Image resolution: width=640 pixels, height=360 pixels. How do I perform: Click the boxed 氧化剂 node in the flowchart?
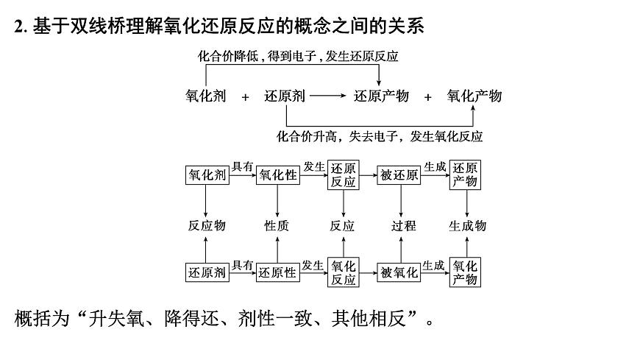(x=206, y=175)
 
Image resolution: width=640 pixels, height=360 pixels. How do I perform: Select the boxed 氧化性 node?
(x=277, y=175)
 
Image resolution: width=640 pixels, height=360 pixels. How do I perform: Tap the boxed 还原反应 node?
(x=343, y=174)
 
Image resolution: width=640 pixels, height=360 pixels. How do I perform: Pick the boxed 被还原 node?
(x=399, y=175)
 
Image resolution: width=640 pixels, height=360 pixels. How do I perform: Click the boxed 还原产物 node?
(x=465, y=174)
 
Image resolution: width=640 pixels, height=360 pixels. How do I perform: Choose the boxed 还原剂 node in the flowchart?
(x=206, y=272)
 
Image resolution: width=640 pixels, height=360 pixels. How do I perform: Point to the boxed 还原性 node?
(x=277, y=272)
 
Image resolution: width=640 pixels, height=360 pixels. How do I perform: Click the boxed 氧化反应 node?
(x=343, y=272)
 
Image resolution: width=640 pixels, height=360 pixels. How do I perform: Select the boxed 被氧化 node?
(x=399, y=272)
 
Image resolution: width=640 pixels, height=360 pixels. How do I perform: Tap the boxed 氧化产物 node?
(x=465, y=272)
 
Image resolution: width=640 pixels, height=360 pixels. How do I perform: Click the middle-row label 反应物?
(x=206, y=225)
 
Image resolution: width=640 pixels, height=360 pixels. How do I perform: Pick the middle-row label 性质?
(x=277, y=225)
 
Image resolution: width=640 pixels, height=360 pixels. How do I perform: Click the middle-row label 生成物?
(x=467, y=225)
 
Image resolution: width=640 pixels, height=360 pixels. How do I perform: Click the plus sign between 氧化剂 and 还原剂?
(x=246, y=96)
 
